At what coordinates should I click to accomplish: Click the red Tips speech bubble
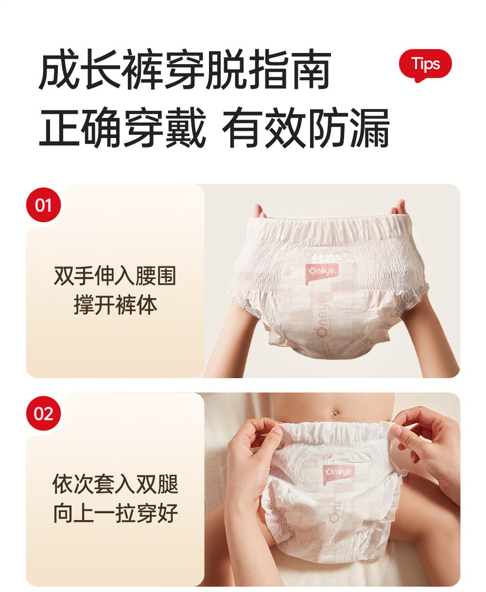pos(425,65)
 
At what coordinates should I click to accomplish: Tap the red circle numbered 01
pos(43,205)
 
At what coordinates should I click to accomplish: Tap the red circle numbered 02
pos(43,414)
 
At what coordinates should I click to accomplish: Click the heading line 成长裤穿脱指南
pos(185,70)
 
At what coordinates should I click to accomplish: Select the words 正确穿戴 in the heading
pos(122,127)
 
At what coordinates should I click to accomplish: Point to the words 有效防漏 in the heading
pos(306,127)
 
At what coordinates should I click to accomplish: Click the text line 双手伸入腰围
pos(115,276)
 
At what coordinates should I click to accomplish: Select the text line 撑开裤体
pos(115,305)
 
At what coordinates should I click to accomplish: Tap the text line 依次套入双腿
pos(115,485)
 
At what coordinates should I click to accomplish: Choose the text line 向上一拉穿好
pos(115,514)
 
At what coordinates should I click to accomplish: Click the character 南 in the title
pos(310,70)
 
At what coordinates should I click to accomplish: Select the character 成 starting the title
pos(59,70)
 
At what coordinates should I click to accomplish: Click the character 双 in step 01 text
pos(64,276)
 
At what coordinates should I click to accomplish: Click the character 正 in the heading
pos(59,127)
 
